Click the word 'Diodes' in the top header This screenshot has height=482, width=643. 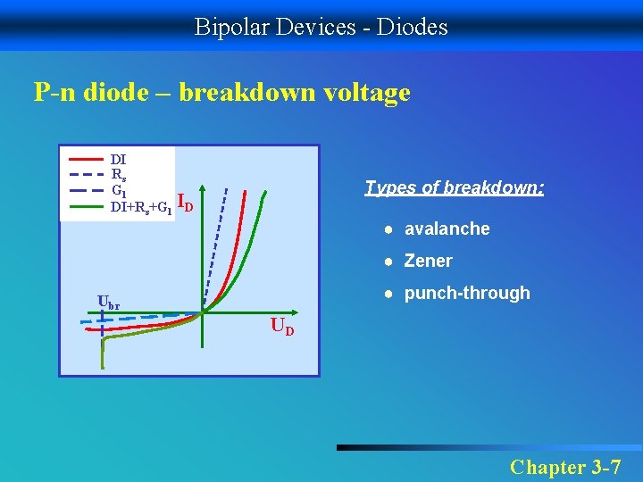[413, 27]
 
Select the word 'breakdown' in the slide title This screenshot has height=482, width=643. [237, 92]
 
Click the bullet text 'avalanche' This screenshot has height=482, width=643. [447, 229]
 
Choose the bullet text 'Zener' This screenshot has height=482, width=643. [428, 261]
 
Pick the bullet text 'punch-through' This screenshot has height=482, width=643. [466, 293]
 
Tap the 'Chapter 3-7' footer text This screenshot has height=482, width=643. [564, 467]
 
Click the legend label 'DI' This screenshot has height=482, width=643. [118, 161]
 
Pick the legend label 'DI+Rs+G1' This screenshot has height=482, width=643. [140, 207]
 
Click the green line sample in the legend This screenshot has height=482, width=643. [86, 206]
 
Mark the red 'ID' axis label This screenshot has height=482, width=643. [186, 203]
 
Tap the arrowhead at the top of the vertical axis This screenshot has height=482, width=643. [203, 189]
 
